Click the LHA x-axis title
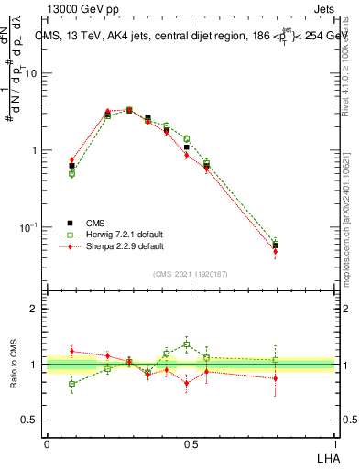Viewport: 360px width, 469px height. click(x=327, y=457)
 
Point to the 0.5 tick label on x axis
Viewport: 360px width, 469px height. click(x=191, y=443)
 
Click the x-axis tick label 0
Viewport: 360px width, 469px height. click(x=47, y=443)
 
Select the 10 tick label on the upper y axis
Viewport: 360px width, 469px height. click(x=30, y=73)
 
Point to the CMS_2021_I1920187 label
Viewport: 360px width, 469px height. click(x=191, y=273)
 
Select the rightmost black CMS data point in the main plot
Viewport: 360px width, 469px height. click(x=276, y=245)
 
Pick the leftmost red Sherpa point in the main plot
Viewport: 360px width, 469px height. click(x=72, y=159)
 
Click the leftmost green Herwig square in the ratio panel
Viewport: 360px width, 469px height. click(x=72, y=384)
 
